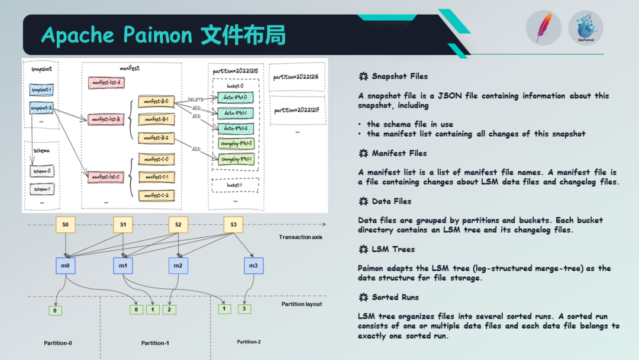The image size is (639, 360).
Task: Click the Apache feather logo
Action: click(x=543, y=28)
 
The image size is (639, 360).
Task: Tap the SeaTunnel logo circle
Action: click(x=586, y=28)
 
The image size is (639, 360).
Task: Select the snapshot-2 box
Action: click(x=42, y=108)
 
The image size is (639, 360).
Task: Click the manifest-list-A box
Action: click(x=106, y=83)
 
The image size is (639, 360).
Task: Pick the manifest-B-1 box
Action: click(x=156, y=120)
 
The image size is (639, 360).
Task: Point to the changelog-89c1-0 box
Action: click(x=237, y=143)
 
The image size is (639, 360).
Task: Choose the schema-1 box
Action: click(x=42, y=189)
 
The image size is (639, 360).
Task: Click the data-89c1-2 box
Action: click(x=235, y=127)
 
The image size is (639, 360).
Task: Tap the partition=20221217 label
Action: click(x=297, y=111)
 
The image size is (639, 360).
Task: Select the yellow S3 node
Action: click(x=233, y=224)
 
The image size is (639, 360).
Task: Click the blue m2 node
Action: click(x=177, y=266)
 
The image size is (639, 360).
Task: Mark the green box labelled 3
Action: click(x=244, y=308)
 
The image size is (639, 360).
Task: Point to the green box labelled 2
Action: click(x=169, y=309)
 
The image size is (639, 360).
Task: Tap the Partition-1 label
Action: click(x=156, y=343)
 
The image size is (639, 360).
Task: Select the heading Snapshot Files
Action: click(x=399, y=76)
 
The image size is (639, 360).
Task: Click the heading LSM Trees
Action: click(x=393, y=249)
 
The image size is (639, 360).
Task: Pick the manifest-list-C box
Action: click(x=106, y=176)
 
